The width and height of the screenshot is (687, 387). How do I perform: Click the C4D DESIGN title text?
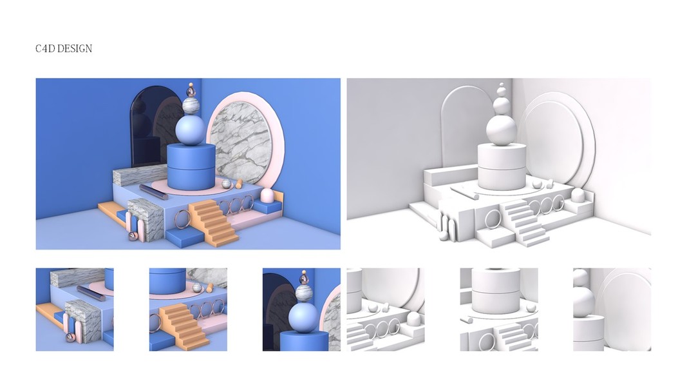point(64,48)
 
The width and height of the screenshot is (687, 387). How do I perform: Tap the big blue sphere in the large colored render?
point(190,130)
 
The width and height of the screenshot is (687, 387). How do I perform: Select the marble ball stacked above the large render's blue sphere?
point(191,106)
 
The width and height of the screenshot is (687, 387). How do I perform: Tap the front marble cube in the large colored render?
point(146,219)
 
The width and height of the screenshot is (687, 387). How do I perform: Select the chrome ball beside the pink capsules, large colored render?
point(133,236)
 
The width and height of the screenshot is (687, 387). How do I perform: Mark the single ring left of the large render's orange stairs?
point(182,219)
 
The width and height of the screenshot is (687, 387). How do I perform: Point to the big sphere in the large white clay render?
point(502,130)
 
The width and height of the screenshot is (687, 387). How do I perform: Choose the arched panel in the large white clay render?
point(460,127)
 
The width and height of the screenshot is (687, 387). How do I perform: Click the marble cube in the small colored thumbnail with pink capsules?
point(83,321)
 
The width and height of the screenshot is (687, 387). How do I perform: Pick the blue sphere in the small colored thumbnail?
point(303,317)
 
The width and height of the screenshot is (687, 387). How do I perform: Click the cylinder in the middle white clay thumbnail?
point(496,291)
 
